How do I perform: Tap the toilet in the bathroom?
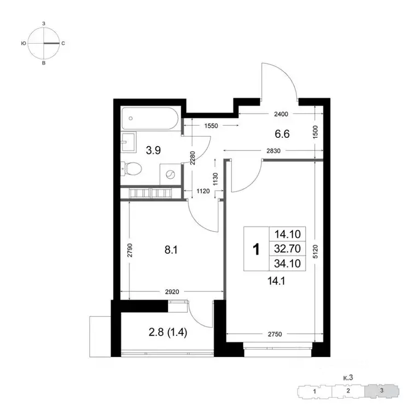click(132, 168)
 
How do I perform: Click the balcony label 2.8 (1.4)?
click(166, 330)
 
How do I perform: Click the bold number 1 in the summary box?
click(255, 249)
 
